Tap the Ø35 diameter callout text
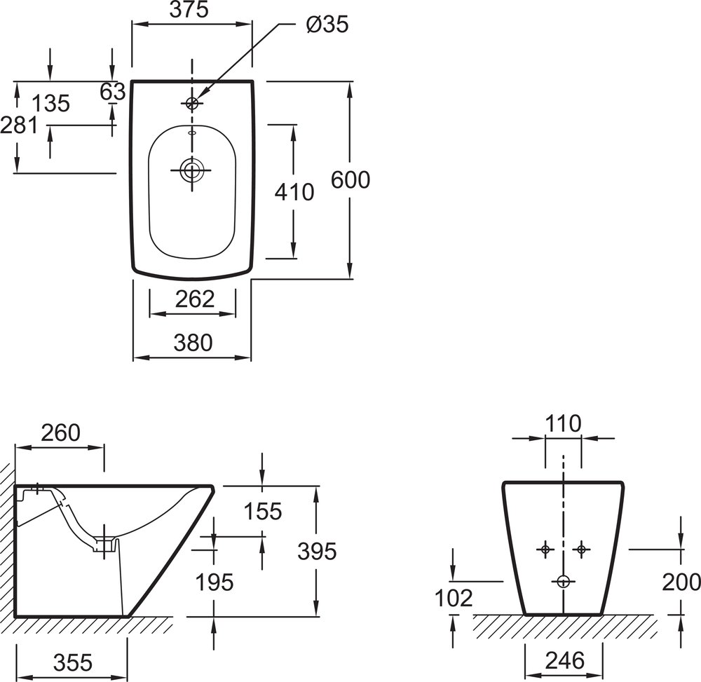coord(327,24)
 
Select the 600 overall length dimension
coord(350,180)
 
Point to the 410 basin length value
coord(294,191)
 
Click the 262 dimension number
coord(194,299)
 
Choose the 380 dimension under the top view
coord(193,343)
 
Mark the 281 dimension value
coord(18,125)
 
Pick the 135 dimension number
coord(51,104)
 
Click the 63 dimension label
coord(112,92)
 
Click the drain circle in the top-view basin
coord(191,169)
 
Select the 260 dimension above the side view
coord(60,432)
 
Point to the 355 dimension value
coord(72,662)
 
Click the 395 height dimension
coord(316,552)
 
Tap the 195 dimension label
coord(214,582)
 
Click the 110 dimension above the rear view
coord(564,424)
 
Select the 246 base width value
coord(564,660)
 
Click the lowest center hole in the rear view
coord(563,580)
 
